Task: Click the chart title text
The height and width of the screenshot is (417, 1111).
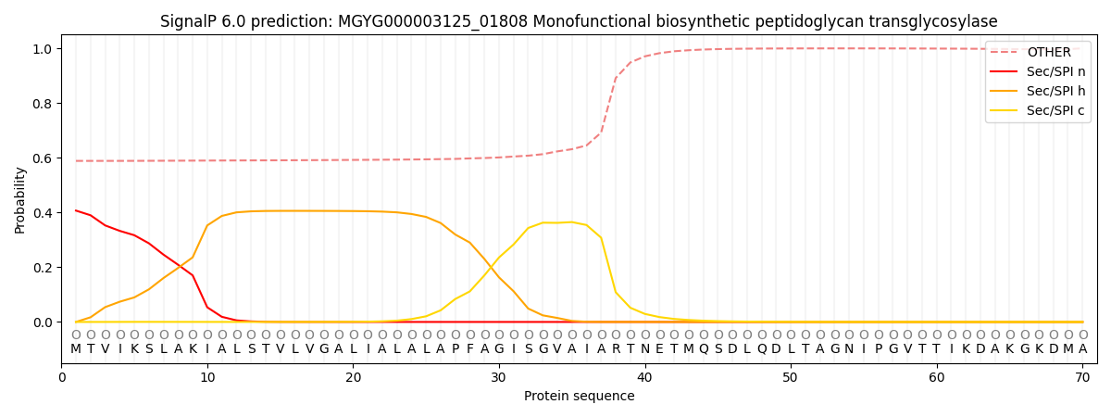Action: pos(579,21)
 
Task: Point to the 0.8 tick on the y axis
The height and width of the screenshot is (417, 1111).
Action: pos(44,104)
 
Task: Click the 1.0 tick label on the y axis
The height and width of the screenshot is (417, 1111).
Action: pos(44,48)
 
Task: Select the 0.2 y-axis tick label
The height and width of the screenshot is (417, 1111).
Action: pos(44,268)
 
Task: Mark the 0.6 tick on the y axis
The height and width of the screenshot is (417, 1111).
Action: pos(44,158)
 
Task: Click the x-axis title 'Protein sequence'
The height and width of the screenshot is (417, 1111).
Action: pos(579,397)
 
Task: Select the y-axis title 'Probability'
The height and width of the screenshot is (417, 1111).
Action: pos(20,199)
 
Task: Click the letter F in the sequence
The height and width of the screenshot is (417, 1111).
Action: pos(469,348)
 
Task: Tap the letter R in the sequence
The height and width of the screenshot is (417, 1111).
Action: pos(616,348)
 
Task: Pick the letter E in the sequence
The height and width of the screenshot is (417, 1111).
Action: pos(659,348)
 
